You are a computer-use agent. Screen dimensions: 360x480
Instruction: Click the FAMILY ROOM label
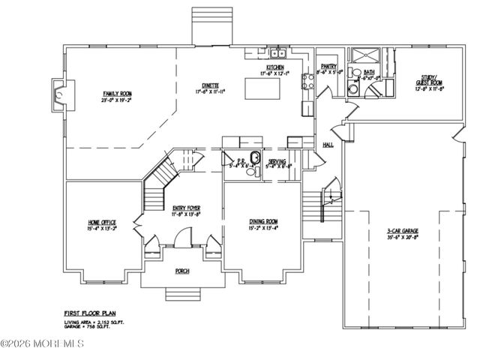tap(116, 93)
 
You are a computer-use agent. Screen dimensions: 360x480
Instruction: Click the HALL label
tap(328, 144)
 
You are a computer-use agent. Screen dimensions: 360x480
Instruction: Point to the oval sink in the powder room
tap(255, 157)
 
